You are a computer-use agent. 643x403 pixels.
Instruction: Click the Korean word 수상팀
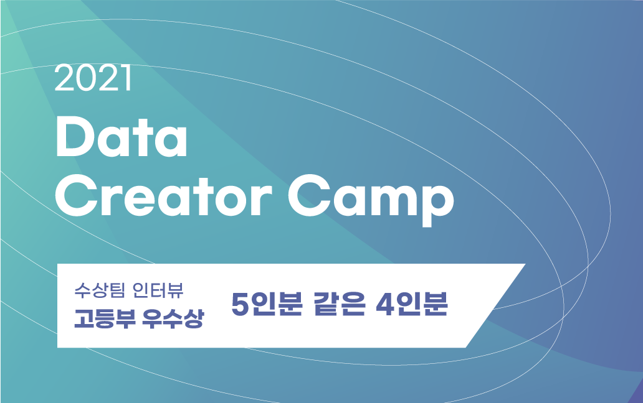[95, 290]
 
